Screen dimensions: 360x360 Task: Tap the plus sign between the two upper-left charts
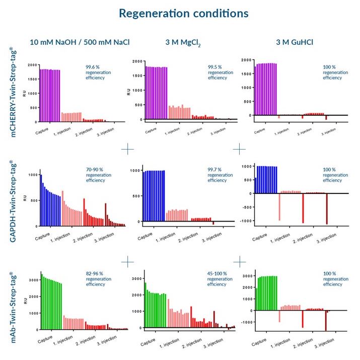(128, 149)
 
